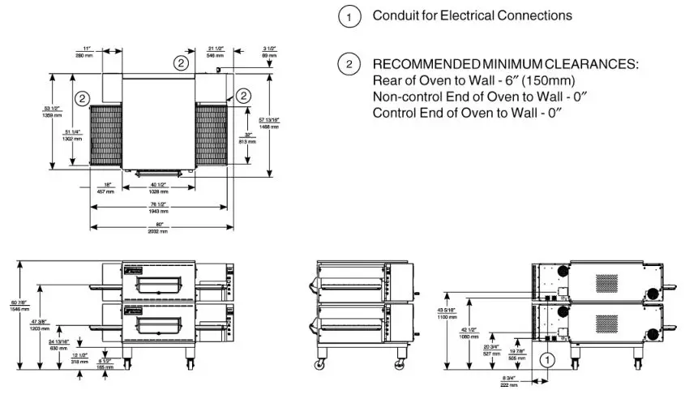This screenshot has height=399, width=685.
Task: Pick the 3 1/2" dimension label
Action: (269, 53)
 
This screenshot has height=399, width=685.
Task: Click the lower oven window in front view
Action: (161, 325)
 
